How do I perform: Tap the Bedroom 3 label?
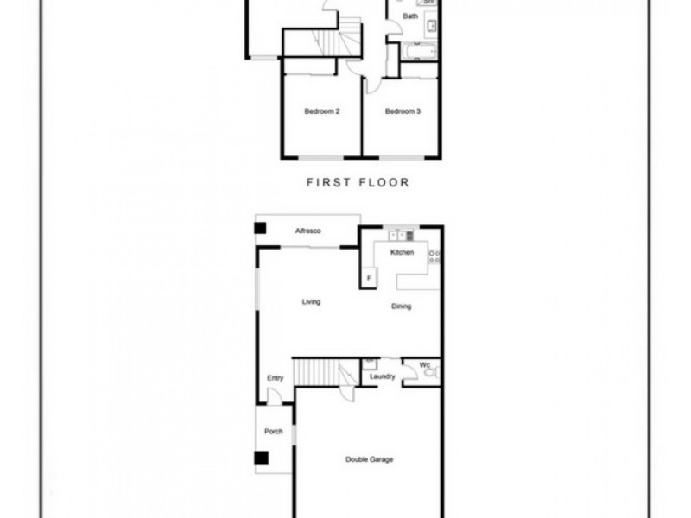(403, 111)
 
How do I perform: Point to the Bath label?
(412, 16)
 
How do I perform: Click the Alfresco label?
(308, 231)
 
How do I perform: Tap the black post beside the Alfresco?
(260, 229)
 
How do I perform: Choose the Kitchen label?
(403, 252)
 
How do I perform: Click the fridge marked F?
(369, 277)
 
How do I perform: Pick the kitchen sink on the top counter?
(399, 234)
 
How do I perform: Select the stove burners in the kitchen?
(434, 256)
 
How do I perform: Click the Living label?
(311, 302)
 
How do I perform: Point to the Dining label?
(401, 306)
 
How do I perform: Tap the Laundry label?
(382, 376)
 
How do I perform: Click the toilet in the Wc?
(430, 372)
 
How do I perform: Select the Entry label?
(276, 377)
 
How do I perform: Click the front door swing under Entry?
(275, 396)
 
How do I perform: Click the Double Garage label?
(370, 459)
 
